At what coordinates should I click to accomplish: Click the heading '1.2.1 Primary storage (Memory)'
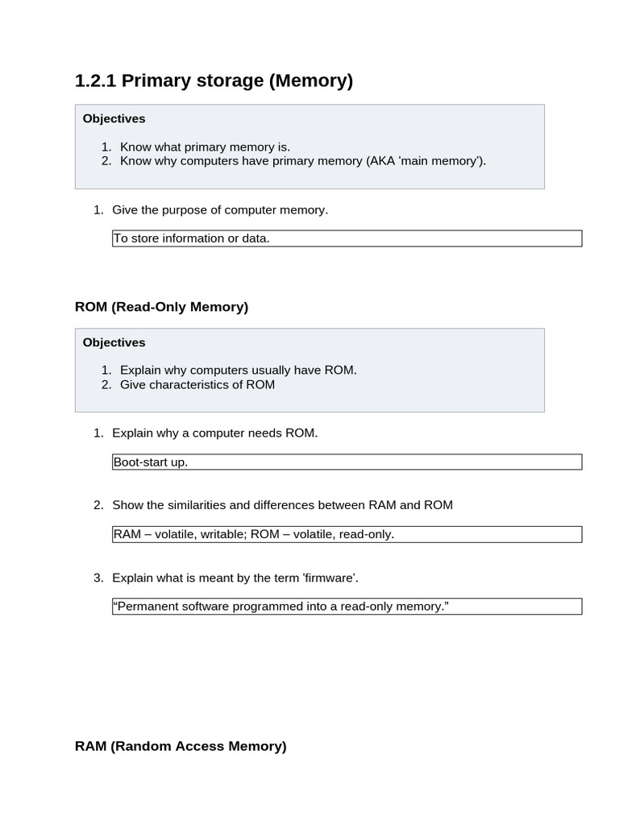[x=214, y=81]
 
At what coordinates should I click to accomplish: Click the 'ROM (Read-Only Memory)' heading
[x=161, y=307]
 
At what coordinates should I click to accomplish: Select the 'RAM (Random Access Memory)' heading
[x=181, y=746]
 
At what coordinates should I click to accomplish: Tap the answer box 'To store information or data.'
[x=347, y=238]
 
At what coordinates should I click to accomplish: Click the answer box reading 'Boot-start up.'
[x=347, y=462]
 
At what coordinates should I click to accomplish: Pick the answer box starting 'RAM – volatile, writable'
[x=347, y=534]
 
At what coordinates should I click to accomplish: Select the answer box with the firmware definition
[x=347, y=606]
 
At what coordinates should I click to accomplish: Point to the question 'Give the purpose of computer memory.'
[x=219, y=210]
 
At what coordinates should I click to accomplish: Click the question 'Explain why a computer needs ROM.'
[x=214, y=433]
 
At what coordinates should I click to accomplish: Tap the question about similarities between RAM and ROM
[x=282, y=505]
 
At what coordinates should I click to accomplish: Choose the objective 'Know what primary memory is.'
[x=205, y=147]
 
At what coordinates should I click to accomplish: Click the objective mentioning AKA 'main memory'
[x=303, y=161]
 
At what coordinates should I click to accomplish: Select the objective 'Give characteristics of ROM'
[x=197, y=385]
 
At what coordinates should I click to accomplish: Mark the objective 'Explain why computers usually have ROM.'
[x=238, y=371]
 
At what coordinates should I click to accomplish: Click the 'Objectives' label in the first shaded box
[x=114, y=118]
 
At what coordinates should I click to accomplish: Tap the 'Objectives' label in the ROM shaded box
[x=114, y=342]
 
